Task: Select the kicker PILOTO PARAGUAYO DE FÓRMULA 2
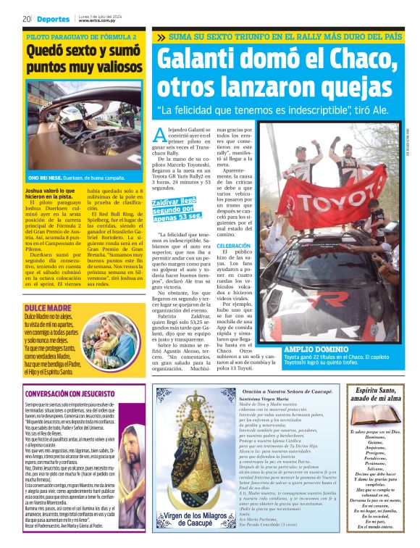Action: coord(81,36)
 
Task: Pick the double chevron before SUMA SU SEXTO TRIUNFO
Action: coord(160,36)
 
